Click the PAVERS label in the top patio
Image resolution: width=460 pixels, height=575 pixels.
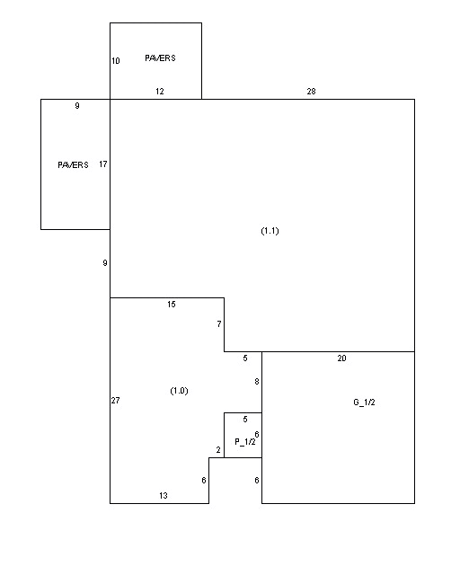(x=160, y=57)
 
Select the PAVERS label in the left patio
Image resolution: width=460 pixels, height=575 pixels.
(x=73, y=165)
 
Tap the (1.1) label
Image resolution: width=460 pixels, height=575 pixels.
(x=270, y=231)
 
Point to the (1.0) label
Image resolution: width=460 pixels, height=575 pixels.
(x=179, y=391)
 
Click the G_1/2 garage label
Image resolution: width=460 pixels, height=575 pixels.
(x=364, y=402)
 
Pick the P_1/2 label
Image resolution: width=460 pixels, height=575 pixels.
(x=245, y=442)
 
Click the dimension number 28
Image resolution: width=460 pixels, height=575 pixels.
(x=311, y=92)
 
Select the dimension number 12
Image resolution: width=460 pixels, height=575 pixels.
(x=160, y=92)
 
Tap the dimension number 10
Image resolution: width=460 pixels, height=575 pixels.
(x=116, y=61)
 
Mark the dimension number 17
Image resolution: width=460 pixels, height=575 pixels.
(x=103, y=164)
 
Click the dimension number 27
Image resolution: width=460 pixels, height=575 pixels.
(x=116, y=401)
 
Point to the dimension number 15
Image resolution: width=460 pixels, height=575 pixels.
(x=172, y=304)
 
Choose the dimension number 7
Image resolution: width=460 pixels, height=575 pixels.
(x=219, y=323)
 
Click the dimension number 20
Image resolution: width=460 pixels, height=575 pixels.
(x=341, y=358)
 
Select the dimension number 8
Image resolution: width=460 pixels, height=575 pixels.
(x=257, y=381)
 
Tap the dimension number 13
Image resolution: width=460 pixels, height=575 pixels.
(x=164, y=496)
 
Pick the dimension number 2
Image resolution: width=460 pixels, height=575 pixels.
(x=218, y=450)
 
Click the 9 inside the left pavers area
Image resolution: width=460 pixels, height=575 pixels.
(x=77, y=106)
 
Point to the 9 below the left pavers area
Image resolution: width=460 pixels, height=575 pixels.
(x=105, y=263)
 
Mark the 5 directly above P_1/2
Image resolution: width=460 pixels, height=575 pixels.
(x=245, y=420)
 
